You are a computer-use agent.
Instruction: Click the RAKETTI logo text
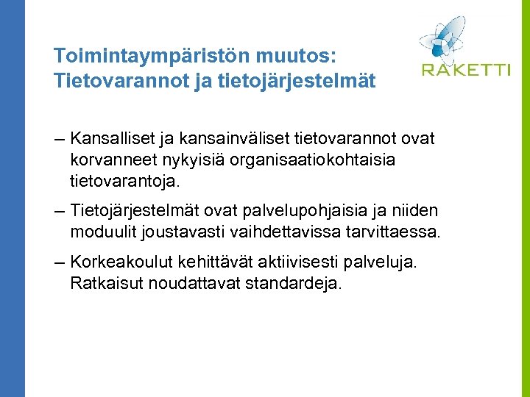click(x=466, y=71)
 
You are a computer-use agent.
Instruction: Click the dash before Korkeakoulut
click(x=60, y=263)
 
